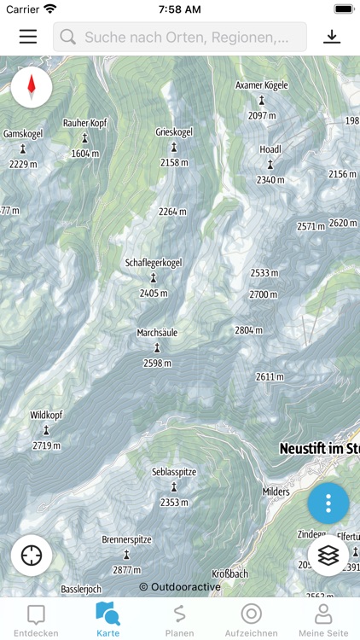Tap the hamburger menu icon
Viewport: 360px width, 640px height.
(28, 37)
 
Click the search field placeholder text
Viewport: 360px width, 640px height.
(194, 38)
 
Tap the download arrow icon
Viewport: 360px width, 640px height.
(332, 37)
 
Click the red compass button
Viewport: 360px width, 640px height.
(32, 86)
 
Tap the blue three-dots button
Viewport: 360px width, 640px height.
(328, 504)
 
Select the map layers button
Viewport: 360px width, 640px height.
(328, 555)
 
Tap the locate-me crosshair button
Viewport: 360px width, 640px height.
(32, 555)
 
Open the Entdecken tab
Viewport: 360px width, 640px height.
(36, 620)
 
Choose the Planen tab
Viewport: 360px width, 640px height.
(179, 620)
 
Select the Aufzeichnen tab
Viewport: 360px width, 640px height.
(251, 620)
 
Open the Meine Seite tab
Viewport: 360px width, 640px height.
(323, 620)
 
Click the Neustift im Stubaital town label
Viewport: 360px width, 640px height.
(317, 448)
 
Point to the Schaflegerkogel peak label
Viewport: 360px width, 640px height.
(154, 263)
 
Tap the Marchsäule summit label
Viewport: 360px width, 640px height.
(157, 333)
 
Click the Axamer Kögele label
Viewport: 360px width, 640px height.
(262, 85)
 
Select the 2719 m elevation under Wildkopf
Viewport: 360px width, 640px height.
(46, 445)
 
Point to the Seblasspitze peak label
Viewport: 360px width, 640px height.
(174, 472)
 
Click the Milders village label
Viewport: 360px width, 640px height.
(276, 492)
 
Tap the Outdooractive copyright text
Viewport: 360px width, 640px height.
(180, 587)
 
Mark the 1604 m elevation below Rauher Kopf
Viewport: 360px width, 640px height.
(85, 154)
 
